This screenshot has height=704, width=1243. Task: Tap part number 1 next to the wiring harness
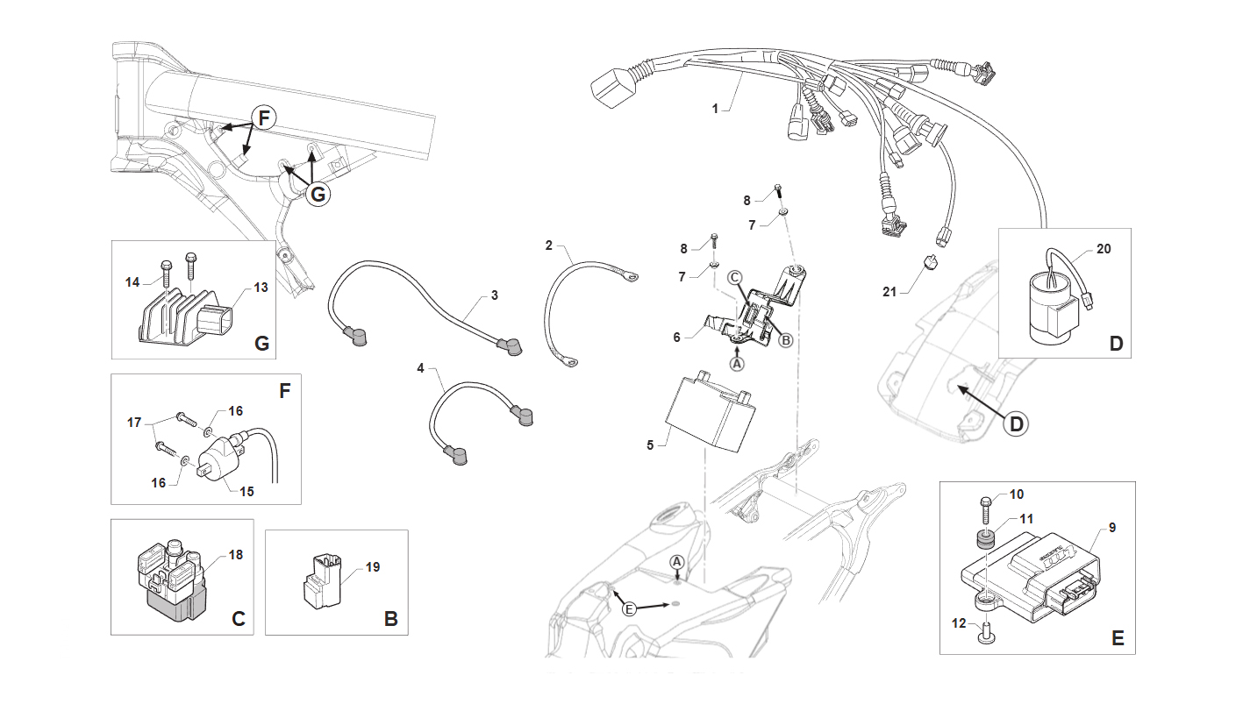tap(715, 109)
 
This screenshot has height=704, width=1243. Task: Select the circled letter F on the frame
tap(264, 117)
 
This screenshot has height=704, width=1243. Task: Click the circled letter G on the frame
tap(318, 194)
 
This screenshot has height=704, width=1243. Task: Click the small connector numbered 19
tap(321, 581)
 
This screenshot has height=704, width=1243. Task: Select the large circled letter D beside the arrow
tap(1016, 424)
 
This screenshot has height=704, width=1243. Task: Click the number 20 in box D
tap(1104, 249)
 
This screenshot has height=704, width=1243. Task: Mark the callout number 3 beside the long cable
tap(495, 295)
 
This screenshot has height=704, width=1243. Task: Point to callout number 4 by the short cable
tap(421, 368)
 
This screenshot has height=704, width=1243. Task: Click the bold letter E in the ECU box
tap(1118, 638)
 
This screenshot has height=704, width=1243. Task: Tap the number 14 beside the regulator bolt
tap(132, 282)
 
